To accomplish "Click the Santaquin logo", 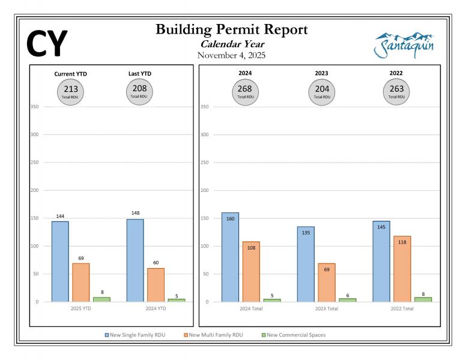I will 404,45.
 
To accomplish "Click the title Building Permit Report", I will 232,29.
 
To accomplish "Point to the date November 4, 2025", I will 232,55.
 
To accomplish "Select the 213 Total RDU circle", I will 71,91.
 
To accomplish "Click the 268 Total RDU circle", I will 245,91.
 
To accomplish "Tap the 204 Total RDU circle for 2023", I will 321,91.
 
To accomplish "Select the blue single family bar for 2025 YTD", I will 60,262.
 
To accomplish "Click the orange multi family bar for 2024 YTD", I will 156,284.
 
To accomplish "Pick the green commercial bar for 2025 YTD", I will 101,299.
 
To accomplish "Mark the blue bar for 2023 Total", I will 306,264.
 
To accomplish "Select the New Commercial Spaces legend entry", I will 295,335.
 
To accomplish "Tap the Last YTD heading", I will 140,74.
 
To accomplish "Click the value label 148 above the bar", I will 135,213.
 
